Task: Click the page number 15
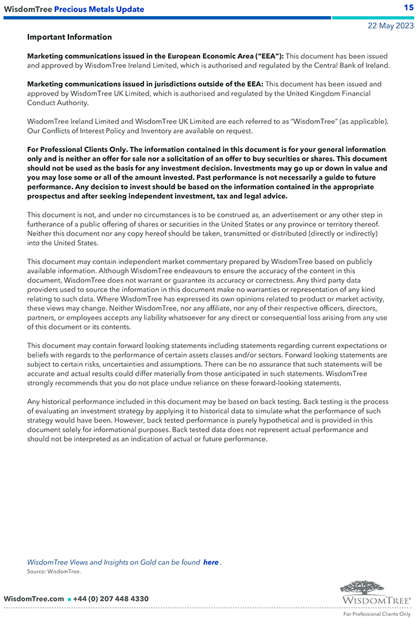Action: click(x=408, y=8)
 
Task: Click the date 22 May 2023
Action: click(x=390, y=26)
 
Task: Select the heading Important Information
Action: click(x=69, y=37)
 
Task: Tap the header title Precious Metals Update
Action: click(x=99, y=9)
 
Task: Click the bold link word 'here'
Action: click(x=211, y=562)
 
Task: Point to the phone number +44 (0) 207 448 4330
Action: click(x=110, y=599)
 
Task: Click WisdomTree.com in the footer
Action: click(x=34, y=599)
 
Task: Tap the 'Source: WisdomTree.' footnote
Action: click(x=54, y=572)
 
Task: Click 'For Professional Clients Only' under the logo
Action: click(x=377, y=613)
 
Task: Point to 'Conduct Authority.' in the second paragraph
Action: click(x=58, y=103)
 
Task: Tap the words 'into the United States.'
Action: click(x=63, y=243)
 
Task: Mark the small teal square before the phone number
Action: click(x=69, y=599)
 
